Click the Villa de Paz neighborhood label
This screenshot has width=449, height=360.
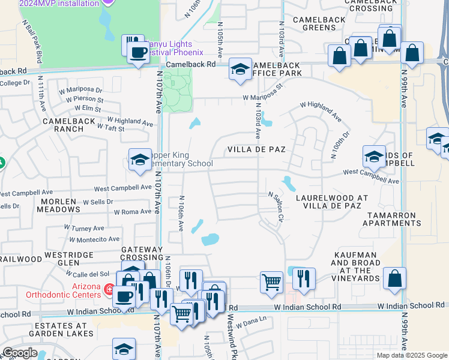[x=255, y=149]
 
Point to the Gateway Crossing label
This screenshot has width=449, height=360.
[x=142, y=253]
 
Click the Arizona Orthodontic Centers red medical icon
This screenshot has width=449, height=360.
[x=109, y=290]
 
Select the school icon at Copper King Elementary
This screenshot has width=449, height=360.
[x=140, y=160]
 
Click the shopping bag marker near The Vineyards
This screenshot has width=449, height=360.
[x=394, y=279]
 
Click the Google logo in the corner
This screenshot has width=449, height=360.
[x=19, y=353]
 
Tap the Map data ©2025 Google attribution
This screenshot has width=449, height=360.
[x=411, y=355]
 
